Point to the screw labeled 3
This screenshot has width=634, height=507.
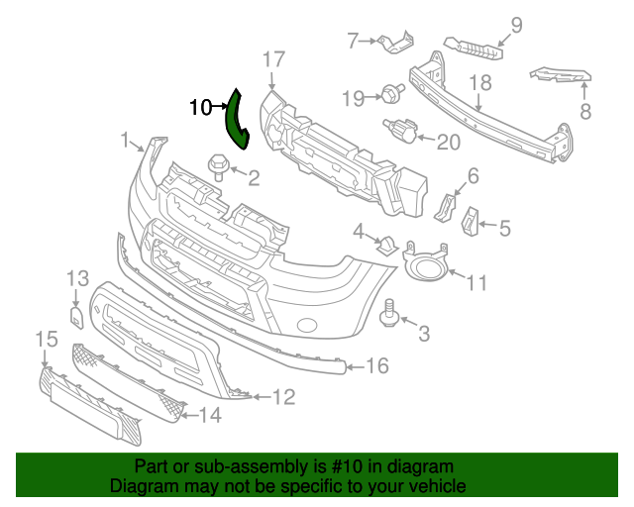click(389, 315)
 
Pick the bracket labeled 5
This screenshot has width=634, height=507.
click(471, 223)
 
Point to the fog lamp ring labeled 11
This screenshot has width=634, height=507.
click(427, 264)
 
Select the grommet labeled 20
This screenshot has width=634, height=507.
click(401, 130)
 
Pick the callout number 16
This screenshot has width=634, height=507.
click(377, 367)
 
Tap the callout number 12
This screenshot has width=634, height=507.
click(283, 398)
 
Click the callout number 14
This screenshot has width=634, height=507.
click(210, 416)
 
